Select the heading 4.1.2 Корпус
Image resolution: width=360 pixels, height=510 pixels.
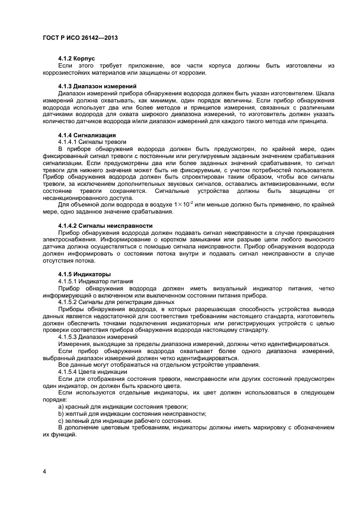[x=77, y=58]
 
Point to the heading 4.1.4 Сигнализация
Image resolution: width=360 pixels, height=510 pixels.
[x=87, y=135]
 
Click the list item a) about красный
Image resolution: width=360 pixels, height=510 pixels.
[x=123, y=406]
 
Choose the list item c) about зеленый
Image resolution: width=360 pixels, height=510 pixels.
[x=125, y=421]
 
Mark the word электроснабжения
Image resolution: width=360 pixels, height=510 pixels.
[x=68, y=239]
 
